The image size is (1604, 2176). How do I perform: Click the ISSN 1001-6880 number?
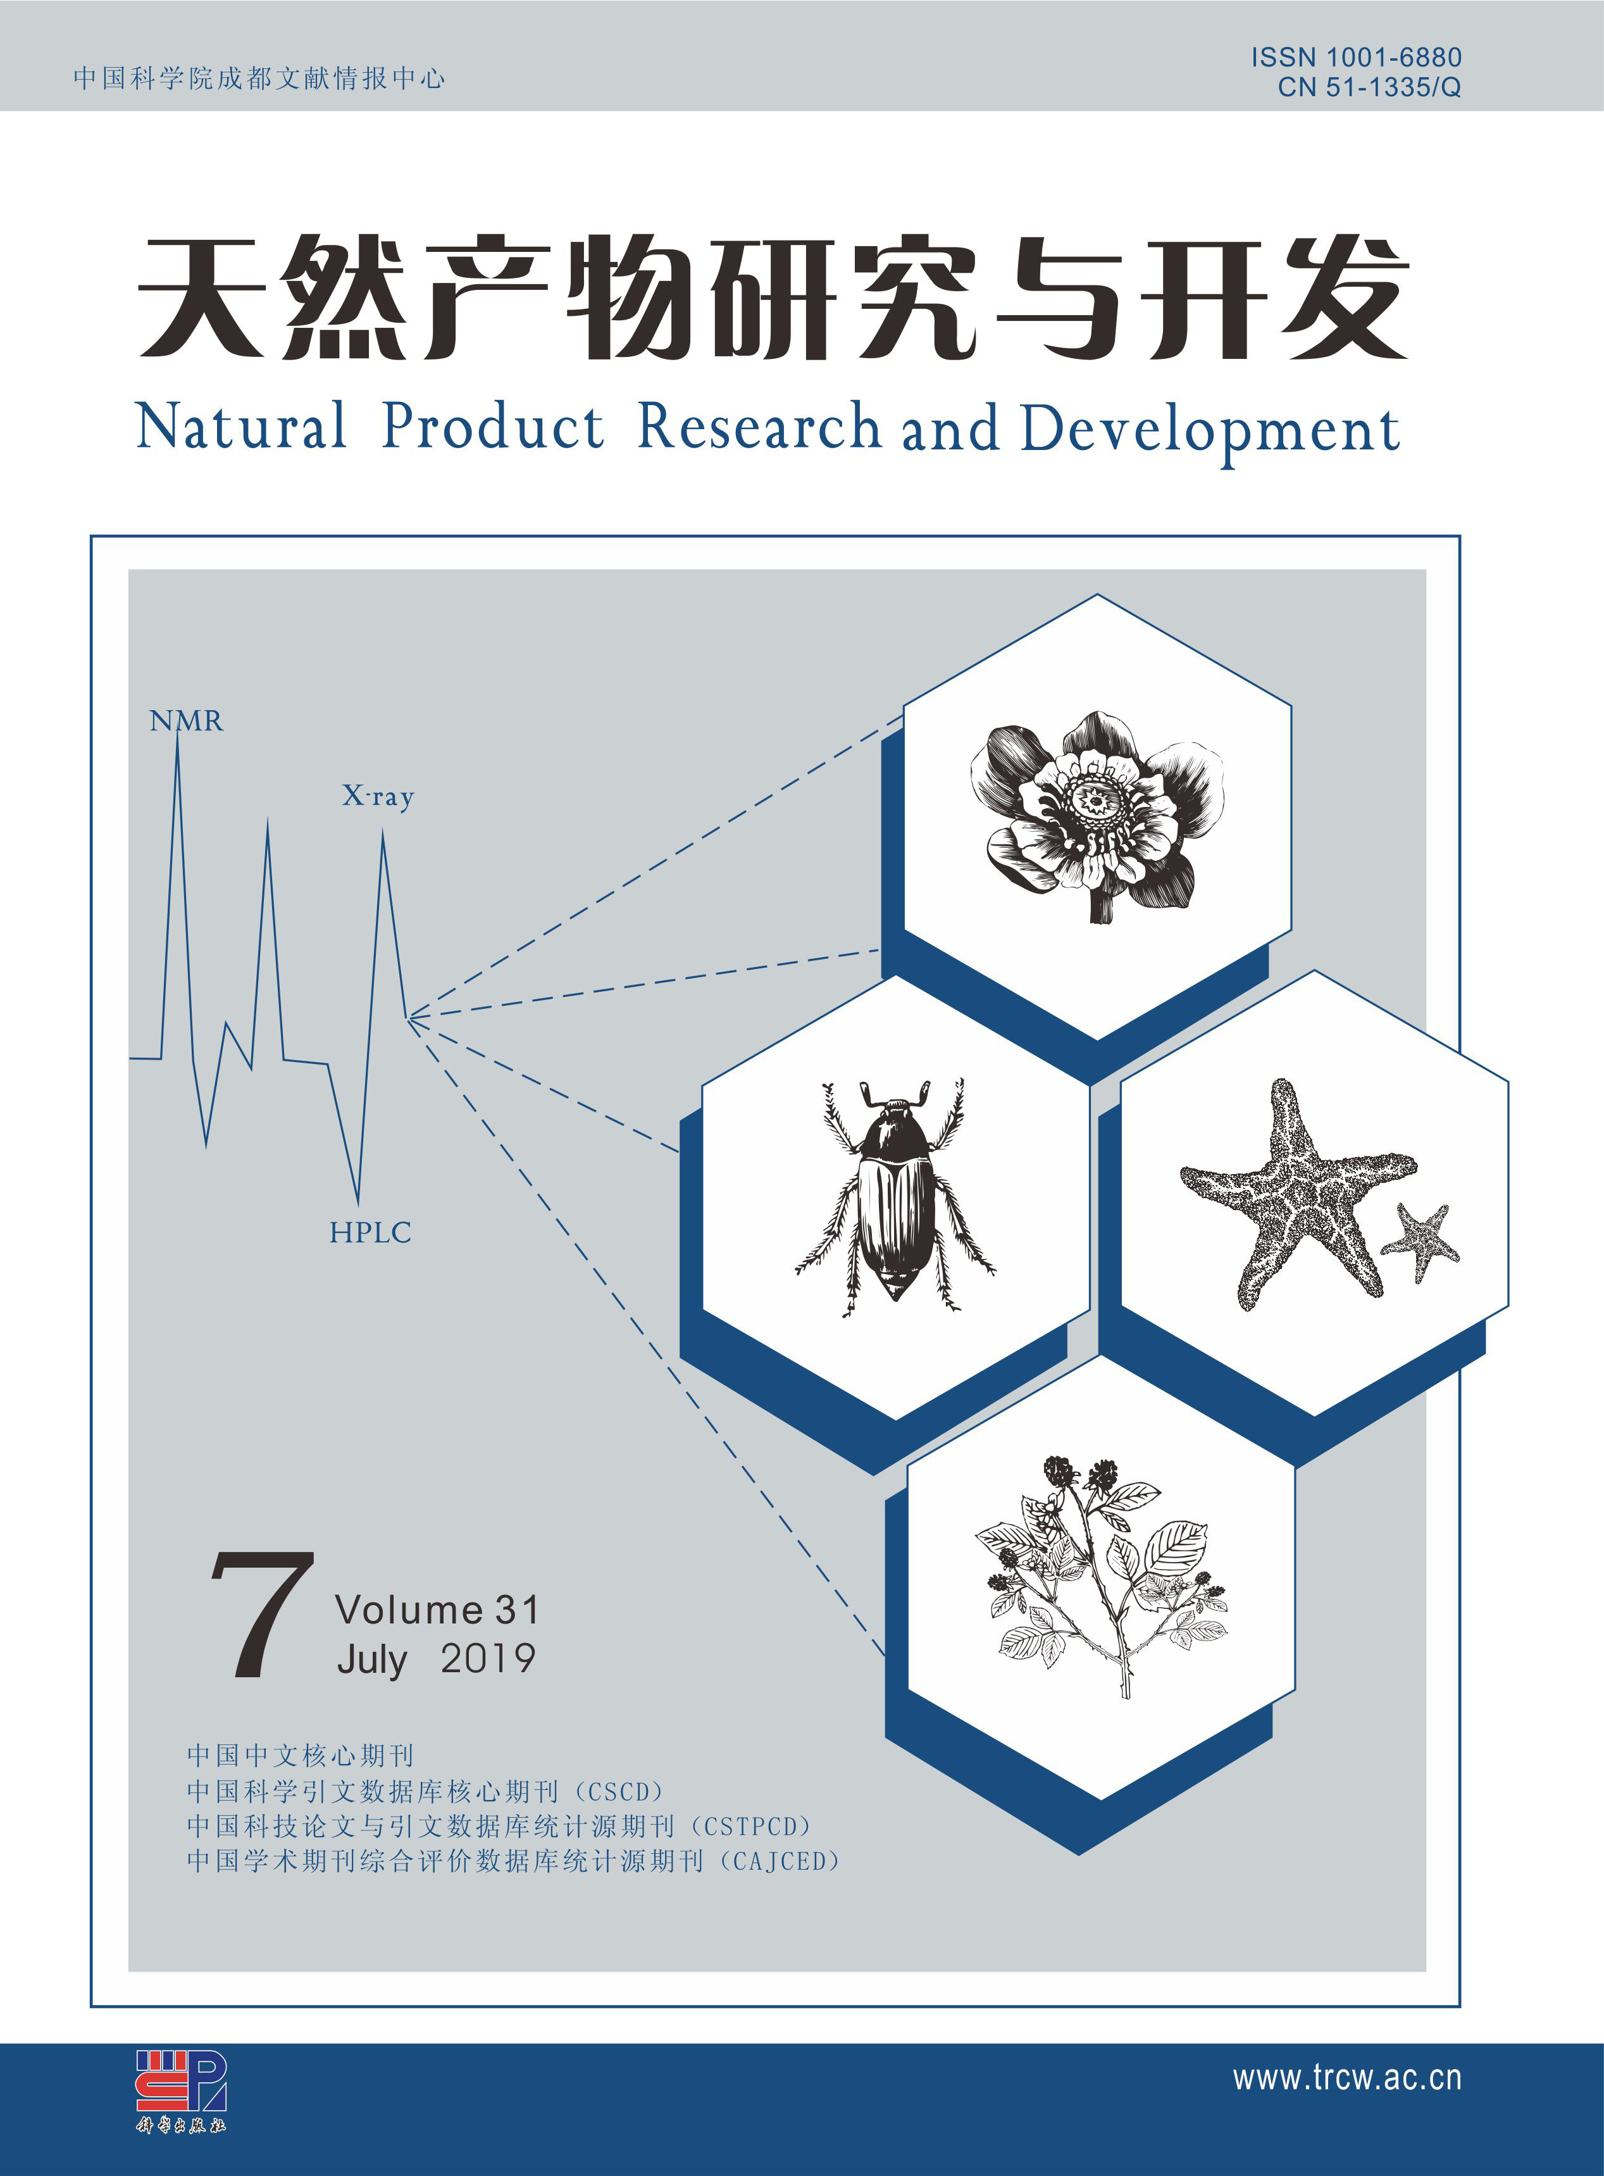1355,58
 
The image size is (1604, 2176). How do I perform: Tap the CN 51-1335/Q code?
1369,87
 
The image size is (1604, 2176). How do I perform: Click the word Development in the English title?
1210,431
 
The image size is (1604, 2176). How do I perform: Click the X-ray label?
378,797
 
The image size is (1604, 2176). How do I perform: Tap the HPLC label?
370,1233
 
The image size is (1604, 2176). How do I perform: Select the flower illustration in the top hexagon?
1097,816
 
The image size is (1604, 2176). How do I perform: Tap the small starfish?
1419,1242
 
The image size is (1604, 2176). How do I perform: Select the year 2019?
487,1658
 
